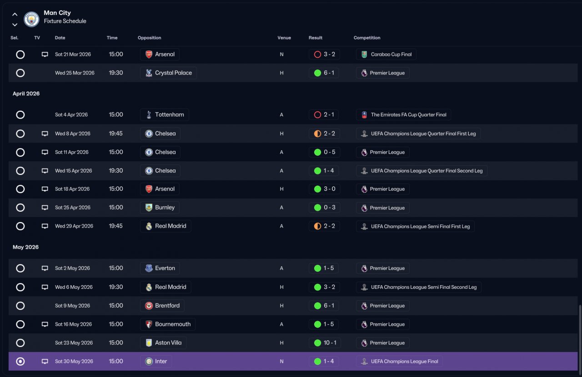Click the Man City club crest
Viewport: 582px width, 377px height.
coord(31,19)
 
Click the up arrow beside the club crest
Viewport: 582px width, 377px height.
coord(15,14)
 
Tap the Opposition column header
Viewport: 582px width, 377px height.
coord(150,38)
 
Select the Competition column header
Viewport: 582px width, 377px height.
coord(367,38)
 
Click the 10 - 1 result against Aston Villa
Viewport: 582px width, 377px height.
coord(330,343)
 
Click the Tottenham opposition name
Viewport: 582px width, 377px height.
coord(170,114)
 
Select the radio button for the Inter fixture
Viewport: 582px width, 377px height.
coord(20,361)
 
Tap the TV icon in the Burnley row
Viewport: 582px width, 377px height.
coord(45,208)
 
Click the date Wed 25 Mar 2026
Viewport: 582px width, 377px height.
coord(75,73)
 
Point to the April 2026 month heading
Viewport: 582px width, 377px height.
coord(26,94)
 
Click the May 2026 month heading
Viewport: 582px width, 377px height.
coord(25,247)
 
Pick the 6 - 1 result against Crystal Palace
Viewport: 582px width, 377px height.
coord(329,73)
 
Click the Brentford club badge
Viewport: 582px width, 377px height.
coord(149,306)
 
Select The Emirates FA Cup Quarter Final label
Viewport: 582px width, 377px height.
coord(408,115)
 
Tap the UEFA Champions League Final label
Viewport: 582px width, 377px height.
coord(404,362)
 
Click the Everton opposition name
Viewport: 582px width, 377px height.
coord(165,268)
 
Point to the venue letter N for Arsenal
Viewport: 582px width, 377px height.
coord(281,54)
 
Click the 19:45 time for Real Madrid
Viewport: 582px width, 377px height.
coord(115,226)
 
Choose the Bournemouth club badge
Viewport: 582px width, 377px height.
coord(149,324)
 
